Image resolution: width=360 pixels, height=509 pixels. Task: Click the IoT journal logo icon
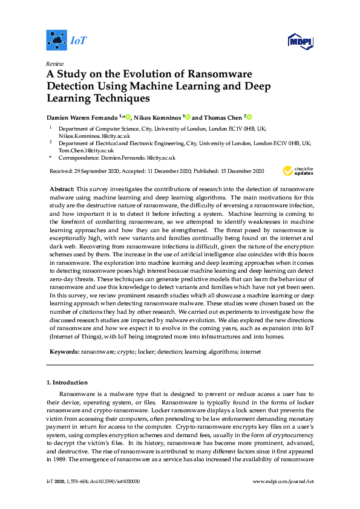[x=56, y=41]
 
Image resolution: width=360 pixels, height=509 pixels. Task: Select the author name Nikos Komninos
[x=158, y=117]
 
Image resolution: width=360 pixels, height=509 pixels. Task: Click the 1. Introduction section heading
[x=67, y=383]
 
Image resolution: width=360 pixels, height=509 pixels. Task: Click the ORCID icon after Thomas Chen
[x=248, y=117]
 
